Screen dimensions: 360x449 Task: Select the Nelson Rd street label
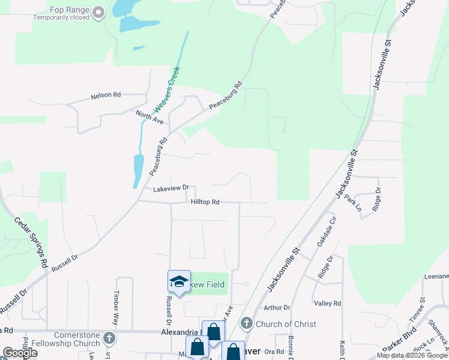pyautogui.click(x=106, y=95)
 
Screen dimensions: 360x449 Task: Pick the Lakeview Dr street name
pyautogui.click(x=171, y=188)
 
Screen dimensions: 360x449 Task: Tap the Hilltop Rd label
pyautogui.click(x=205, y=202)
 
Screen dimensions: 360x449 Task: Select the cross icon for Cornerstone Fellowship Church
pyautogui.click(x=109, y=338)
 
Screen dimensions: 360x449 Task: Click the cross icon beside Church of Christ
pyautogui.click(x=246, y=324)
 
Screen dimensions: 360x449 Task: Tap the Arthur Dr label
pyautogui.click(x=277, y=308)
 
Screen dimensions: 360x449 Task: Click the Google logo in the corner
pyautogui.click(x=20, y=353)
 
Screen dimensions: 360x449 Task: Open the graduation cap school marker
pyautogui.click(x=179, y=281)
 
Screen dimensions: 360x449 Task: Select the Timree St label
pyautogui.click(x=417, y=309)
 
